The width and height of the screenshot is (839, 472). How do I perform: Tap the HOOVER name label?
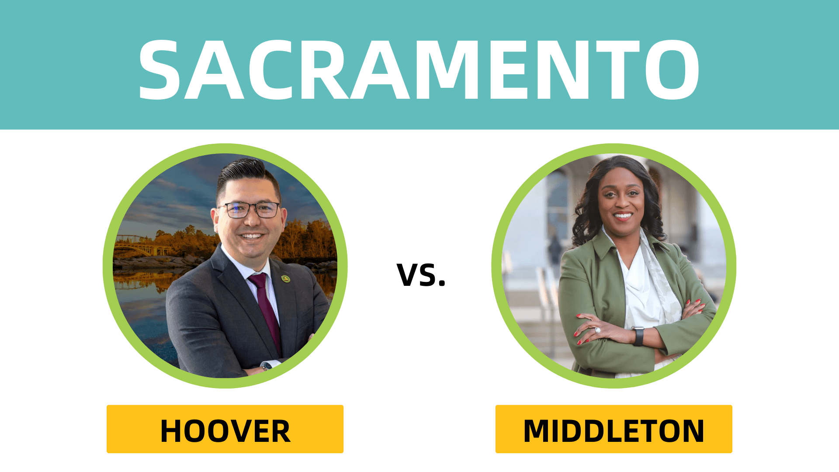tap(225, 430)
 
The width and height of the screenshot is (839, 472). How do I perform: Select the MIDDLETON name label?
tap(614, 430)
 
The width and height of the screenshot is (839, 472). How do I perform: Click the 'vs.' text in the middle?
tap(421, 275)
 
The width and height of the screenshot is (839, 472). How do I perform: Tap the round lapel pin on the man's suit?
tap(285, 278)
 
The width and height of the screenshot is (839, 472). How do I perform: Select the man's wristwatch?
tap(266, 365)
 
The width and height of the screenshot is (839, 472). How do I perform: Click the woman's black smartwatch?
tap(638, 336)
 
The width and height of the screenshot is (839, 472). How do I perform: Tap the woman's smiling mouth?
tap(623, 215)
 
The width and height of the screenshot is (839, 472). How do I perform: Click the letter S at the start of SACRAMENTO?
tap(159, 70)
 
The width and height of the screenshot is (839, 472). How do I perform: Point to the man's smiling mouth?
tap(252, 236)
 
